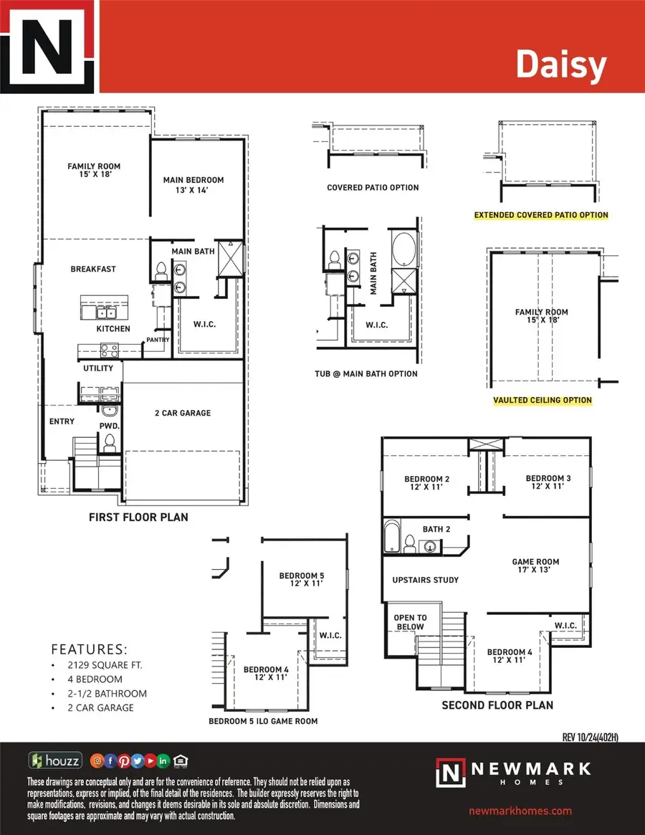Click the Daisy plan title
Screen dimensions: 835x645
coord(561,65)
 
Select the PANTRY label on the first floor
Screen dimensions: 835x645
coord(157,340)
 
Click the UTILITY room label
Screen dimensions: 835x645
coord(98,368)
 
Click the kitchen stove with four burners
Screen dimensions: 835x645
coord(109,350)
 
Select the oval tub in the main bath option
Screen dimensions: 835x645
coord(403,248)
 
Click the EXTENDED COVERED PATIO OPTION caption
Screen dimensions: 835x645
coord(541,215)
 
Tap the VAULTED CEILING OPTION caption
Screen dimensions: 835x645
coord(543,401)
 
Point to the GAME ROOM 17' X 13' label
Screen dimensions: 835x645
coord(535,566)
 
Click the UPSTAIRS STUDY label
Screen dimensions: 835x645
coord(426,580)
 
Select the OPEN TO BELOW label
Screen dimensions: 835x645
coord(410,622)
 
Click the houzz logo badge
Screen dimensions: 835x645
coord(55,760)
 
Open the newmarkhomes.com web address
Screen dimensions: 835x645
coord(520,811)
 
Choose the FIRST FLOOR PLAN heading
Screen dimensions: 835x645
coord(138,517)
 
